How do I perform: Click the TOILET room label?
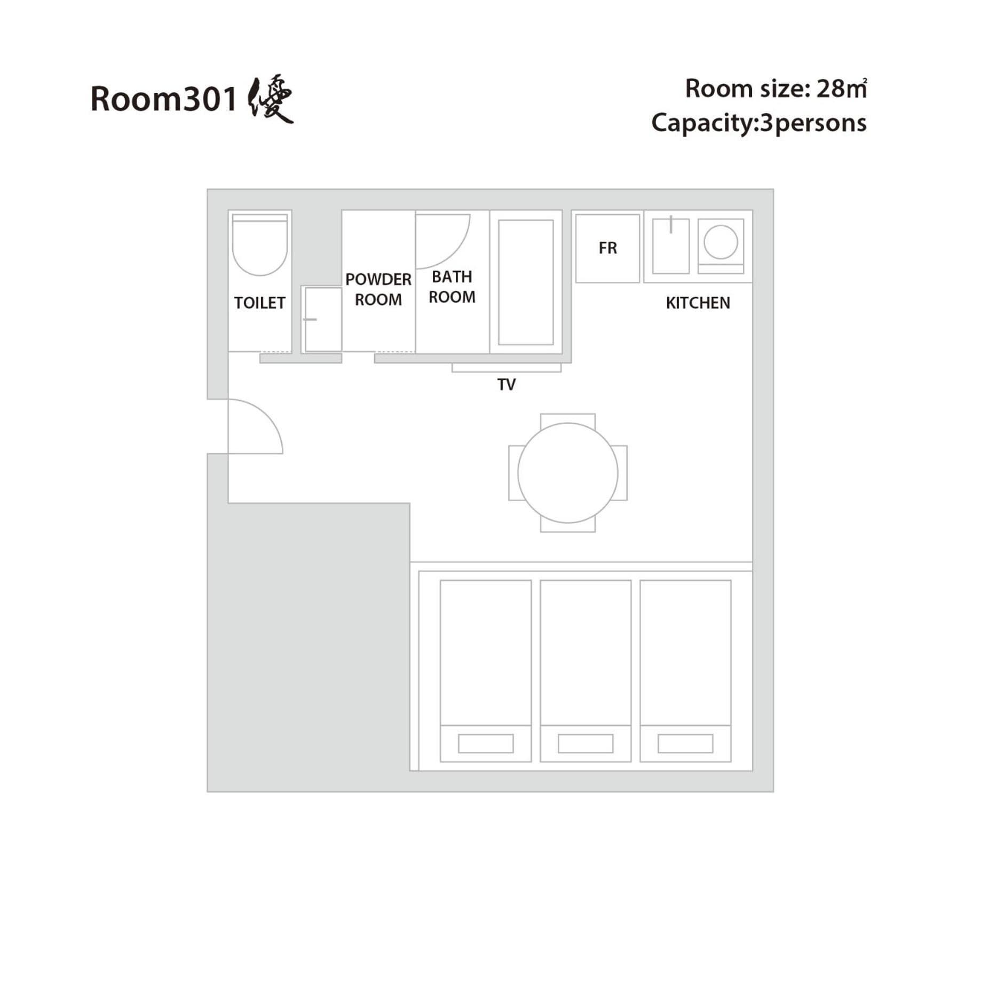pyautogui.click(x=259, y=303)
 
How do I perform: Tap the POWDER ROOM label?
pyautogui.click(x=378, y=289)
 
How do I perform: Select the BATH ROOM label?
pyautogui.click(x=452, y=287)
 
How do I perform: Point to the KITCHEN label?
pyautogui.click(x=698, y=303)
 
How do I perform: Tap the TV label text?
pyautogui.click(x=507, y=384)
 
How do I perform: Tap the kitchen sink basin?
pyautogui.click(x=671, y=246)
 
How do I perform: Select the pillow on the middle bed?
pyautogui.click(x=586, y=743)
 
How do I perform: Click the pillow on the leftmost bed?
pyautogui.click(x=486, y=743)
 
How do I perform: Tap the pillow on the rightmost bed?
pyautogui.click(x=685, y=743)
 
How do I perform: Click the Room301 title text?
pyautogui.click(x=164, y=99)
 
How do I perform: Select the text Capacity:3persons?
pyautogui.click(x=759, y=123)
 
